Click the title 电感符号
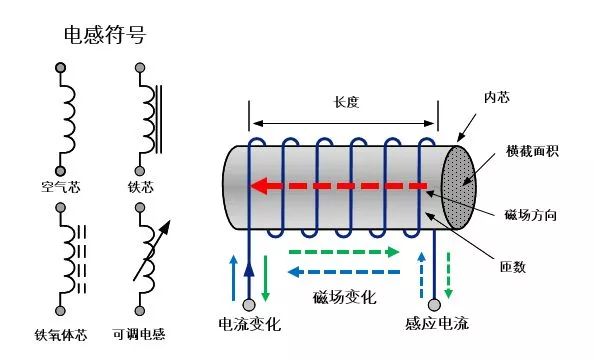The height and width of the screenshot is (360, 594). (x=105, y=35)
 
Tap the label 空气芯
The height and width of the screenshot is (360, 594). (x=61, y=187)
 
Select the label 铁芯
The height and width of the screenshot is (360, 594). (x=141, y=187)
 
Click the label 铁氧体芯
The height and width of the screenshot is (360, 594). (x=61, y=335)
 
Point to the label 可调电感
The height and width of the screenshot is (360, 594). (x=139, y=334)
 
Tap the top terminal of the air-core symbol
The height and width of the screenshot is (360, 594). (x=60, y=68)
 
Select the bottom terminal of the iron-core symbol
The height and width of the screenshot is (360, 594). (x=140, y=171)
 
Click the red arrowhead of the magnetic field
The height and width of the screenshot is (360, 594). (x=259, y=186)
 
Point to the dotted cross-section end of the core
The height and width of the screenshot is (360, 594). (x=458, y=188)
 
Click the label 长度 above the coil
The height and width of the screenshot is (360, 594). (x=346, y=102)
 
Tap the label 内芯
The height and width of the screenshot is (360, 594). (x=497, y=97)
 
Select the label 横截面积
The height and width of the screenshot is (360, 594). (x=532, y=151)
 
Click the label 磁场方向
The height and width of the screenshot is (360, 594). (x=530, y=215)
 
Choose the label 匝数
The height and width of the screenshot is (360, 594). (x=513, y=267)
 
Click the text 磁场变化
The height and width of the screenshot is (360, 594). (x=344, y=297)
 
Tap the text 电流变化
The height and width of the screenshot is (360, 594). (x=250, y=324)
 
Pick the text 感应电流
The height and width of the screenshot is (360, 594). (x=437, y=324)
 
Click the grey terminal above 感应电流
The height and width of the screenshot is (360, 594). (x=434, y=305)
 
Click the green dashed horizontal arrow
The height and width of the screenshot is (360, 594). (x=344, y=252)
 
